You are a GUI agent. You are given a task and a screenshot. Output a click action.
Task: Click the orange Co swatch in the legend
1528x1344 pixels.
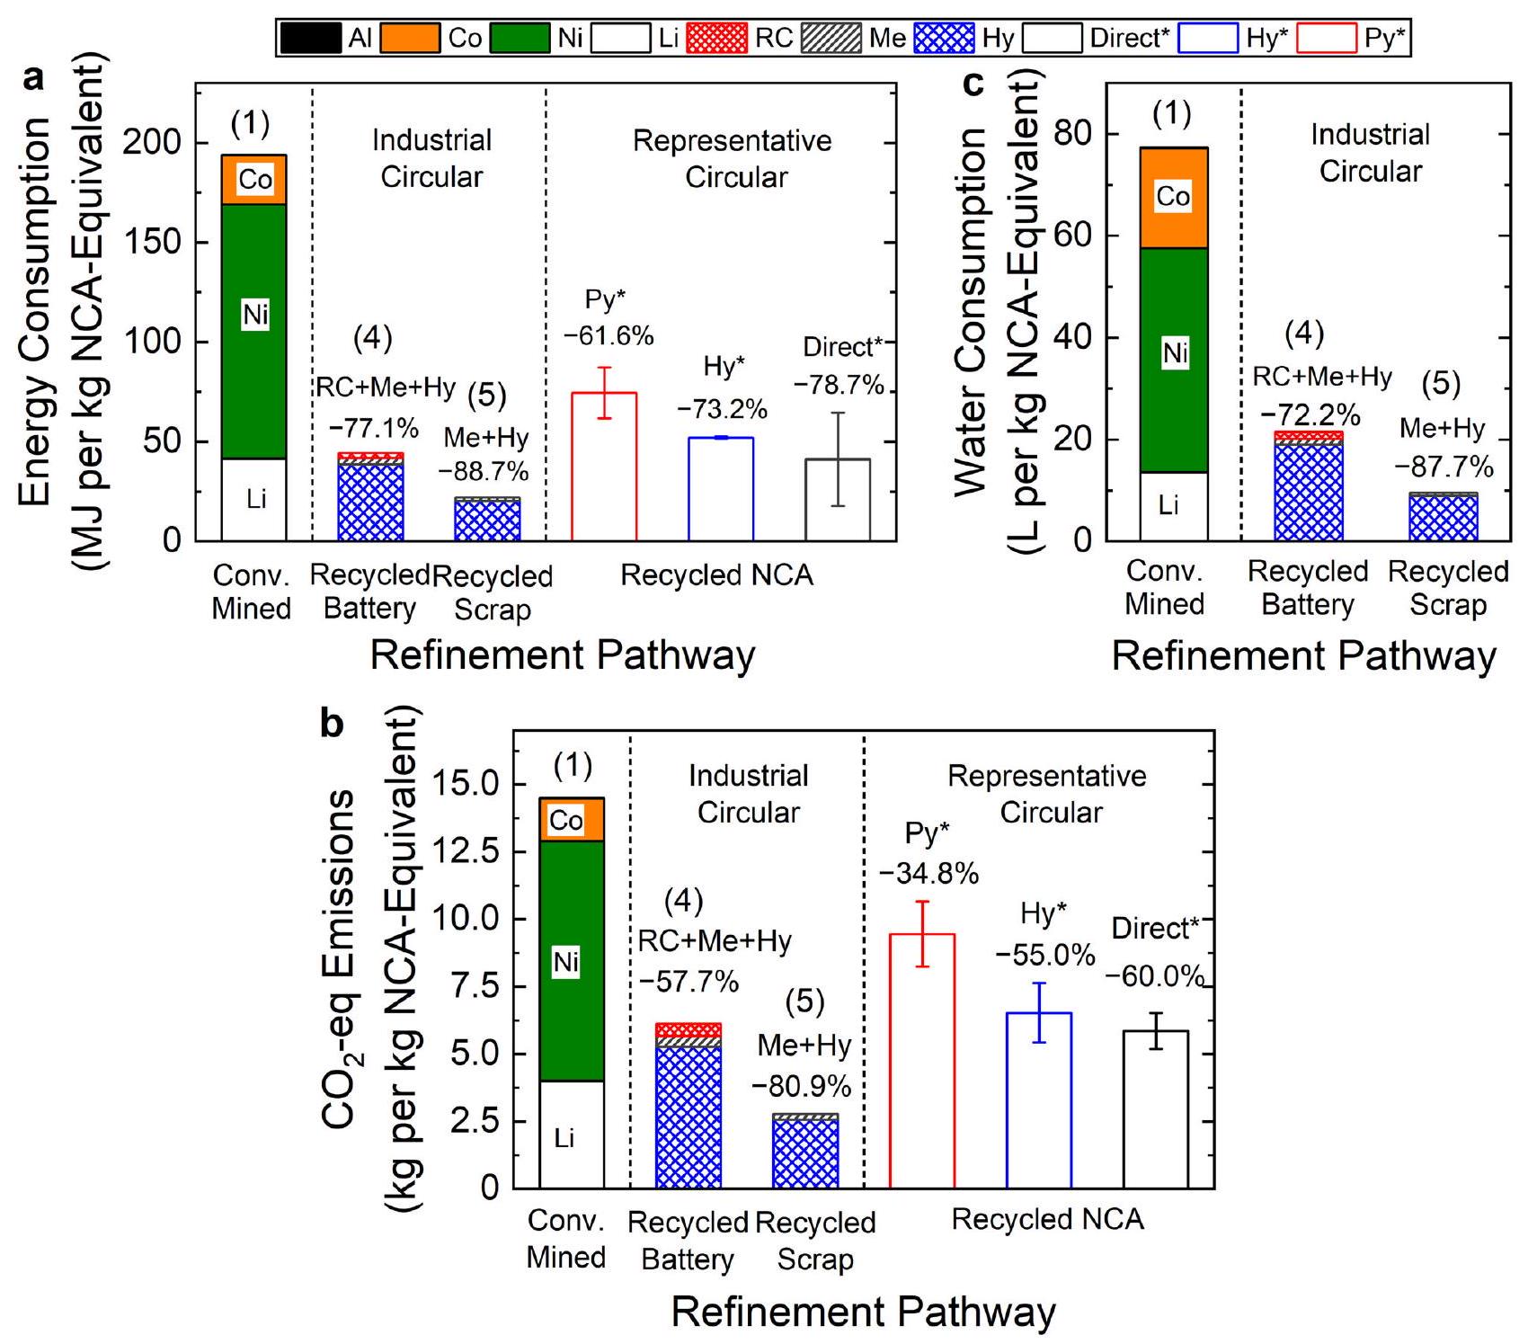409,38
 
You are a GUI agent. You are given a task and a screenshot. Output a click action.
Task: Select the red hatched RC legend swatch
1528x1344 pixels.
715,38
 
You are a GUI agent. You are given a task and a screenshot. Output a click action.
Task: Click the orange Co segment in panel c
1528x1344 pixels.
1173,198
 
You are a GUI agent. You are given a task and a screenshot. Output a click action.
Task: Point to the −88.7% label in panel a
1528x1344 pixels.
484,471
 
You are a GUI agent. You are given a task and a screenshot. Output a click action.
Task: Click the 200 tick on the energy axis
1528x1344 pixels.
151,142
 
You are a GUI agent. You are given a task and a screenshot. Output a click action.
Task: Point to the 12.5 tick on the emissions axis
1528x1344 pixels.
465,851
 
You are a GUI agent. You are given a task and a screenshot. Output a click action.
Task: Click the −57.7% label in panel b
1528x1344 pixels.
688,981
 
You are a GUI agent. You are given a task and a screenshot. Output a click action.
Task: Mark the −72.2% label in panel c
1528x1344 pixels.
1310,414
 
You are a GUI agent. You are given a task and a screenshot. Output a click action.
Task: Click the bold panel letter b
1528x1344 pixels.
332,722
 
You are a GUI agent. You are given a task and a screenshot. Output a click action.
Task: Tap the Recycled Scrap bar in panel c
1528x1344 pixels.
1443,517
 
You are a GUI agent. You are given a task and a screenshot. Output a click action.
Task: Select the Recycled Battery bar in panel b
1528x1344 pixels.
688,1106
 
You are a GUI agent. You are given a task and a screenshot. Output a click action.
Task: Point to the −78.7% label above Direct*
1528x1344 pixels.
838,386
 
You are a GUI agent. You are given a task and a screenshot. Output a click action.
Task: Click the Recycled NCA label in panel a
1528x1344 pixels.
716,574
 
